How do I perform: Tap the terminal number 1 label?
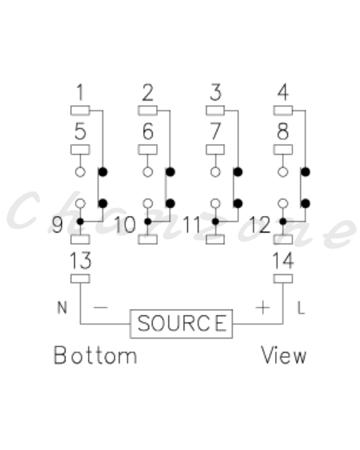pyautogui.click(x=80, y=92)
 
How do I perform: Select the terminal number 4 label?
pyautogui.click(x=283, y=92)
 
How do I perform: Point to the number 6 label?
pyautogui.click(x=148, y=132)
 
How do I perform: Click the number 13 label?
pyautogui.click(x=81, y=261)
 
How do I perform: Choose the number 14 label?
pyautogui.click(x=283, y=261)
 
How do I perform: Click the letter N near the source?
pyautogui.click(x=63, y=307)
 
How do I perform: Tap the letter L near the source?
pyautogui.click(x=301, y=308)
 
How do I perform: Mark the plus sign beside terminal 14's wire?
pyautogui.click(x=263, y=307)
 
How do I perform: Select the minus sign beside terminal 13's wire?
pyautogui.click(x=101, y=307)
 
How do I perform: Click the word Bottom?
pyautogui.click(x=95, y=355)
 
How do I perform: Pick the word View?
pyautogui.click(x=284, y=355)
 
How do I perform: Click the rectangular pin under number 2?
pyautogui.click(x=148, y=110)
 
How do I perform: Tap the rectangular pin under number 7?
pyautogui.click(x=215, y=150)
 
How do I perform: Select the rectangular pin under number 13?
pyautogui.click(x=80, y=279)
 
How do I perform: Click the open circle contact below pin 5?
pyautogui.click(x=80, y=172)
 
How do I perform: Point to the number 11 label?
pyautogui.click(x=192, y=225)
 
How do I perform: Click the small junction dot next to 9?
pyautogui.click(x=81, y=222)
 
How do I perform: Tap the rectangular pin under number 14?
pyautogui.click(x=283, y=279)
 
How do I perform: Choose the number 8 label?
pyautogui.click(x=283, y=132)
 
